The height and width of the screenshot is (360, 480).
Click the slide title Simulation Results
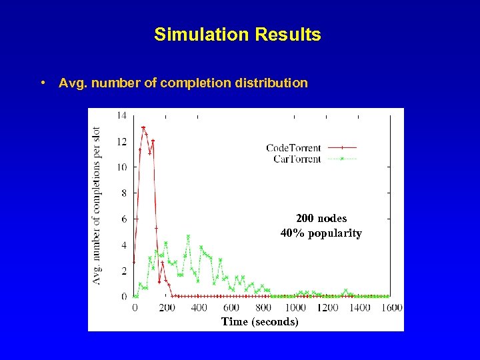[x=237, y=35]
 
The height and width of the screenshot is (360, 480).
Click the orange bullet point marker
[x=42, y=83]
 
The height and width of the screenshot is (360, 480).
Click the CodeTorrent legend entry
[x=293, y=148]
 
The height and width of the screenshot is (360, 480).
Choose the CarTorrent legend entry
[x=297, y=159]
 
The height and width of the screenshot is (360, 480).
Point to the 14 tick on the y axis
[x=121, y=115]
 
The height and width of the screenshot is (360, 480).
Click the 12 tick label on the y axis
[x=121, y=141]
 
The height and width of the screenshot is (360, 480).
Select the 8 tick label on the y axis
[x=123, y=193]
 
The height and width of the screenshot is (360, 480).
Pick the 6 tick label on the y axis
[x=123, y=219]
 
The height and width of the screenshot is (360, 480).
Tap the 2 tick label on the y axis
[x=123, y=271]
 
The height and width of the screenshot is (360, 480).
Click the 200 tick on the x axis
[x=167, y=307]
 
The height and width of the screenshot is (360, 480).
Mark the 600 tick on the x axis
[x=231, y=307]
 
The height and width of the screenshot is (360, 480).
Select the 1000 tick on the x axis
[x=295, y=307]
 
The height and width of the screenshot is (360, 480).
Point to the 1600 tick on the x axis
[x=392, y=307]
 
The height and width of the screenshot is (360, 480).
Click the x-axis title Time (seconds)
[x=260, y=322]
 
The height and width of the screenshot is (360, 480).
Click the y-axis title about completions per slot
[x=97, y=205]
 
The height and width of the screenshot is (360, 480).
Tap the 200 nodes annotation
[x=321, y=219]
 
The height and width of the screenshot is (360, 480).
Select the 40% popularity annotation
[x=321, y=233]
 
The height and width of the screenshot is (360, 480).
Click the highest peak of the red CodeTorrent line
[x=143, y=127]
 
